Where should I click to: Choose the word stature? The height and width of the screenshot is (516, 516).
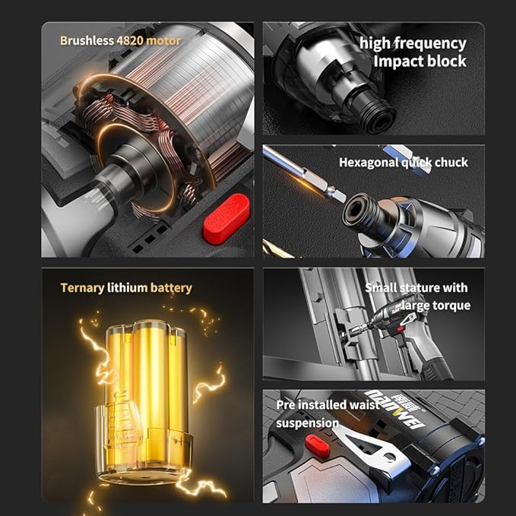tap(426, 288)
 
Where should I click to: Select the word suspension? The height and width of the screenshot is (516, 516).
tap(307, 423)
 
